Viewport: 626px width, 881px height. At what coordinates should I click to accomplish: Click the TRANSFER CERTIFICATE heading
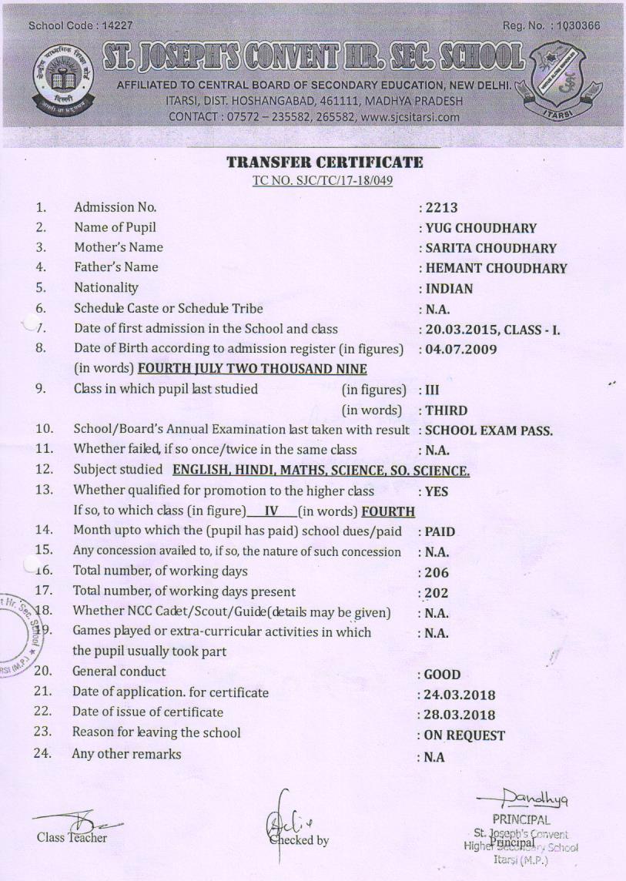click(x=324, y=162)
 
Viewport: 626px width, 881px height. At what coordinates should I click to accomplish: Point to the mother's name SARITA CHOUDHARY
click(x=490, y=248)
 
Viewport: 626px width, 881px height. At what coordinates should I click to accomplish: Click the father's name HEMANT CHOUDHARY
click(x=496, y=269)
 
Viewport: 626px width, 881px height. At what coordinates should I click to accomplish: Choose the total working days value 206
click(x=437, y=573)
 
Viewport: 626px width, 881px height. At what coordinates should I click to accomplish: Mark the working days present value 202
click(x=437, y=594)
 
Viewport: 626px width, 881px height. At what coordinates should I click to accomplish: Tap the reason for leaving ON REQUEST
click(x=464, y=735)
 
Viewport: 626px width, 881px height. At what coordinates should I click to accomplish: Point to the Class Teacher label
click(x=72, y=837)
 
